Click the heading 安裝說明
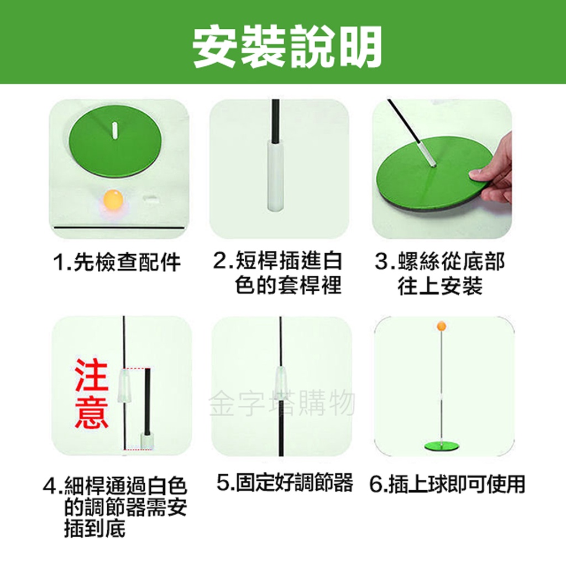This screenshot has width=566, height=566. (287, 47)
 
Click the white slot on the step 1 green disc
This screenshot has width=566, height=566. (114, 130)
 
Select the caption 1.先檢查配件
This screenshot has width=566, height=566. (117, 262)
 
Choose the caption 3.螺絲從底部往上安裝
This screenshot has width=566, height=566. (440, 273)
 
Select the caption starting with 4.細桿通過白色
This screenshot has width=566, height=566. (115, 507)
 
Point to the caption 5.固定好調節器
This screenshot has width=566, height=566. (285, 483)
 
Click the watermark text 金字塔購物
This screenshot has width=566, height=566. (282, 402)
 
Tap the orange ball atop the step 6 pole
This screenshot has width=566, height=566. (442, 326)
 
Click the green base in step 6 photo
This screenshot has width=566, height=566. (442, 446)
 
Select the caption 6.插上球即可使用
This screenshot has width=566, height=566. (447, 484)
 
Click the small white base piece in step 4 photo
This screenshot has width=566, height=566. (147, 442)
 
